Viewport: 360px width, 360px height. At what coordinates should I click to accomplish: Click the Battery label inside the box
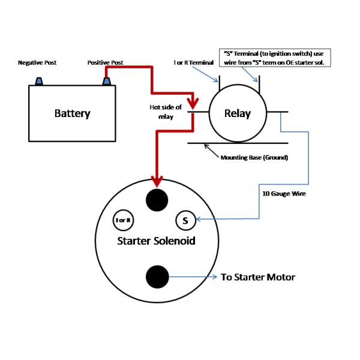[72, 113]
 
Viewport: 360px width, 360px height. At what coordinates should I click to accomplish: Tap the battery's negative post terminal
[39, 80]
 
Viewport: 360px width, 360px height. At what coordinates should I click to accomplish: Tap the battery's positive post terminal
[107, 80]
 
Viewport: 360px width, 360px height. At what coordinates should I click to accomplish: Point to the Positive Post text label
[106, 62]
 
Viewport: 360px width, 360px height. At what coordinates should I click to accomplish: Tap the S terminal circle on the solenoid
[185, 220]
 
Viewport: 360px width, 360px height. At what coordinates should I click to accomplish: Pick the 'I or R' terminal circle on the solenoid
[124, 220]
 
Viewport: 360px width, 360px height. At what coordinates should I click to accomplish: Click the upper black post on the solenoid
[157, 199]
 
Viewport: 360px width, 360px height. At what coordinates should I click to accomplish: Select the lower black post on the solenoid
[157, 277]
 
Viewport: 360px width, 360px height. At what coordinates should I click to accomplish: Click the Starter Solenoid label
[157, 241]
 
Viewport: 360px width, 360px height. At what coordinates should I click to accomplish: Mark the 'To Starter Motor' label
[258, 277]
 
